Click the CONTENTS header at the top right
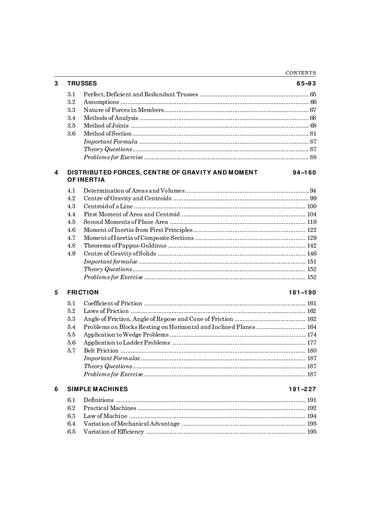300,73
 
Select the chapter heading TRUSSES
82,83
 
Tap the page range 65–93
306,83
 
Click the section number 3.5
71,126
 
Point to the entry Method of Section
107,134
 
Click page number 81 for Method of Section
313,134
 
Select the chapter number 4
56,172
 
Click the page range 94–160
304,172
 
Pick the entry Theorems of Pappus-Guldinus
125,246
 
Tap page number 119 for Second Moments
312,222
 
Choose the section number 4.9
71,254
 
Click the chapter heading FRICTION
83,292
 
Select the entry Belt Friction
101,351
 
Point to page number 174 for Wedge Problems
312,335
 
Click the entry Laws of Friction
106,311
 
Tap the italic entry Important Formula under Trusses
110,142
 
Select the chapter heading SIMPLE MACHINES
97,389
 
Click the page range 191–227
302,389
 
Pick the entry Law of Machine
105,416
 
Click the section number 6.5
71,432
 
